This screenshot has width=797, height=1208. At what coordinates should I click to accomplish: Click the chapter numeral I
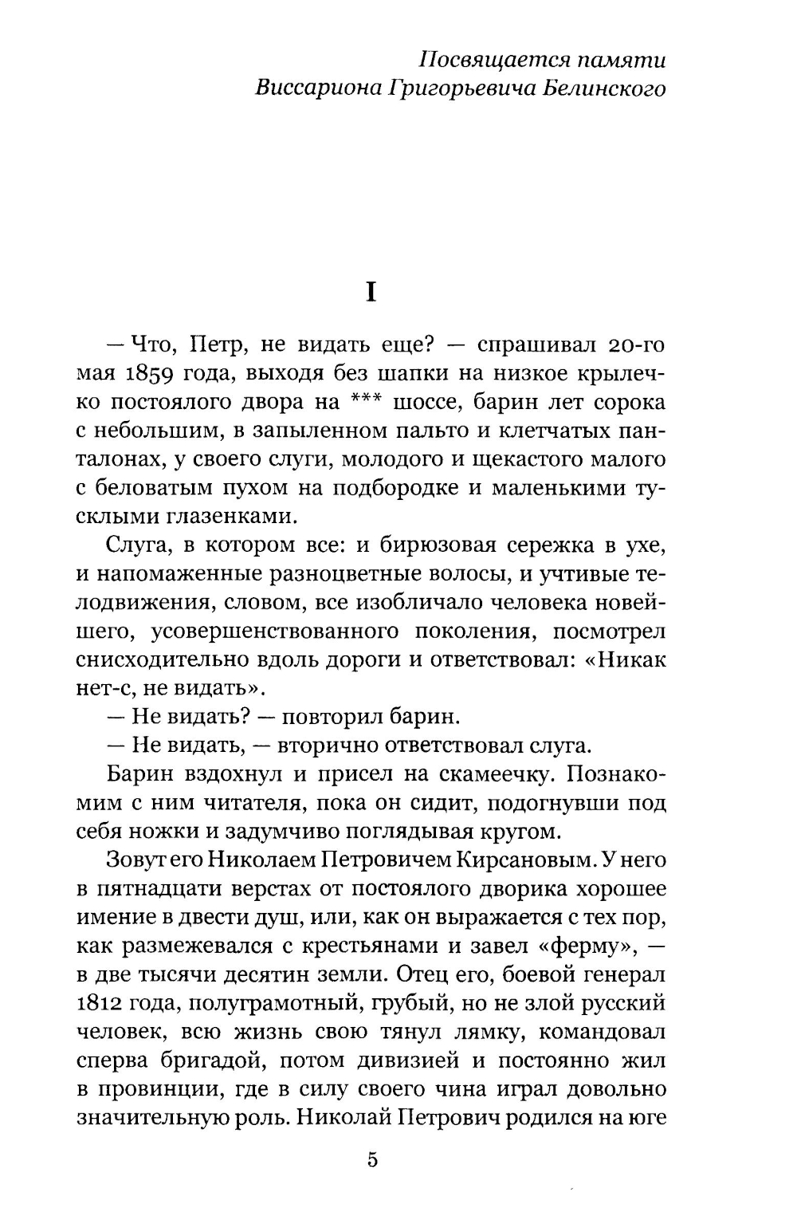[x=370, y=293]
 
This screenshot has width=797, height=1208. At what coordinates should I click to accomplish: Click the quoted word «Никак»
[x=630, y=659]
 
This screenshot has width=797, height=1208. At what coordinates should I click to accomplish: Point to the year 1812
[x=104, y=1003]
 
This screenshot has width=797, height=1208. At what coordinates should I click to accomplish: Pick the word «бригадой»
[x=196, y=1060]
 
